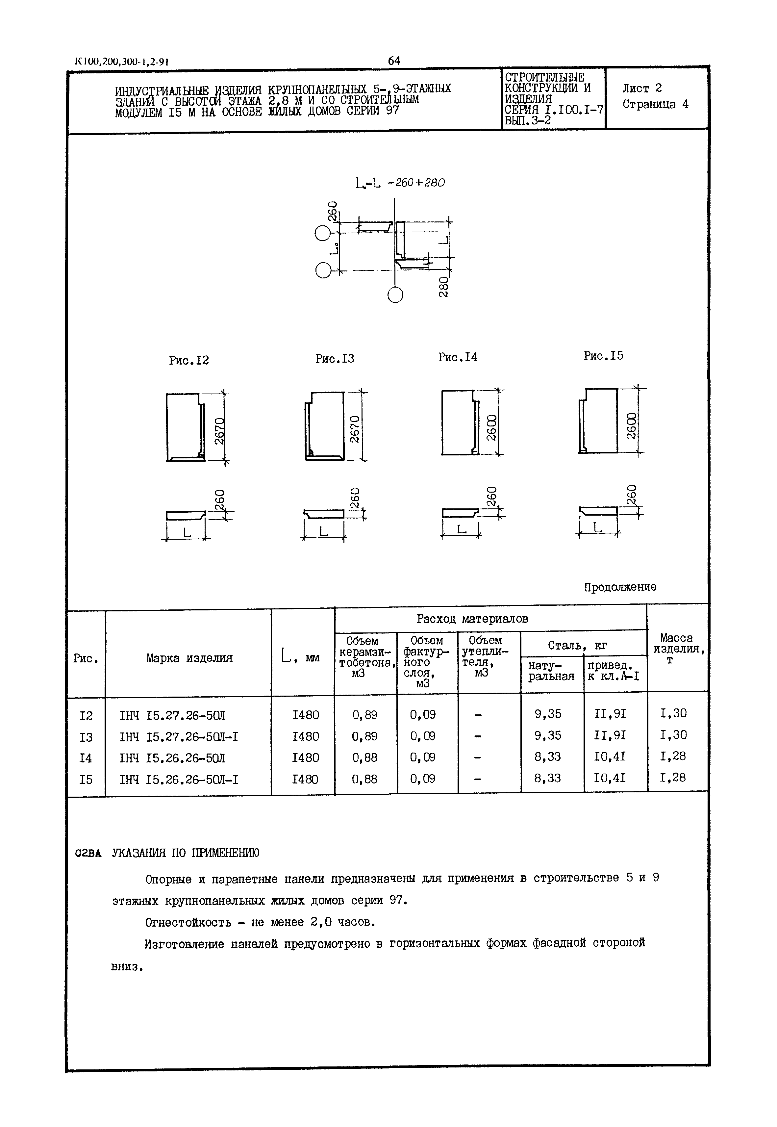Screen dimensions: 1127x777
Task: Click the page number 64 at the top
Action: pyautogui.click(x=393, y=61)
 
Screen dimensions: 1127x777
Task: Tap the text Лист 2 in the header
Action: pyautogui.click(x=642, y=88)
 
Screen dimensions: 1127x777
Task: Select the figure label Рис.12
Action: pyautogui.click(x=188, y=360)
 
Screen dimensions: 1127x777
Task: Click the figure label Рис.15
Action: pyautogui.click(x=603, y=356)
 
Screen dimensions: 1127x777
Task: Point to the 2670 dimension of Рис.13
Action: pyautogui.click(x=355, y=429)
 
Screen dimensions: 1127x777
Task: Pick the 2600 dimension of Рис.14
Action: pyautogui.click(x=492, y=427)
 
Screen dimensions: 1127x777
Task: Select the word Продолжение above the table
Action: pyautogui.click(x=620, y=587)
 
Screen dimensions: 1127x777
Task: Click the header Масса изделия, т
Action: pyautogui.click(x=677, y=648)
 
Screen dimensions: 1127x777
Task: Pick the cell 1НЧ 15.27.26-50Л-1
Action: pyautogui.click(x=178, y=737)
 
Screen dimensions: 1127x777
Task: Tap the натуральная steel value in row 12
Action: pyautogui.click(x=548, y=714)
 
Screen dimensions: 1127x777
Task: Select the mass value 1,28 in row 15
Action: pyautogui.click(x=672, y=778)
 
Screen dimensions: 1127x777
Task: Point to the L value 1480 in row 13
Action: pyautogui.click(x=305, y=736)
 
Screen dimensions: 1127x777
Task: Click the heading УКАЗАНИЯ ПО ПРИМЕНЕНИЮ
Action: pyautogui.click(x=186, y=853)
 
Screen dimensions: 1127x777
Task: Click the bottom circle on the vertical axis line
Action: pyautogui.click(x=395, y=295)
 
